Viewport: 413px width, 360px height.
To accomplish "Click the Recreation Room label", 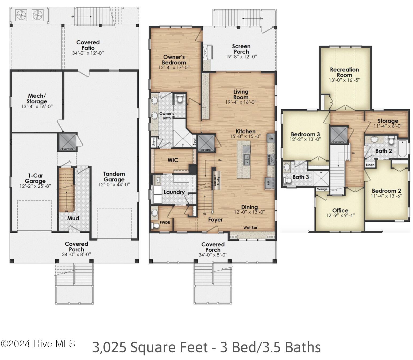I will (x=344, y=72).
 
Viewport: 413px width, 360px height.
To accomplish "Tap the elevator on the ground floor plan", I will (x=67, y=142).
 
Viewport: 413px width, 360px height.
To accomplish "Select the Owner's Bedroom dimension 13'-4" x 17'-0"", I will (x=174, y=67).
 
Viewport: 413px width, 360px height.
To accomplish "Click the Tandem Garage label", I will (x=114, y=177).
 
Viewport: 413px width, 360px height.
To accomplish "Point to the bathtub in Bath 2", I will (x=402, y=149).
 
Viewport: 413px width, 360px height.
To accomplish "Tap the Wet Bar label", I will (x=250, y=228).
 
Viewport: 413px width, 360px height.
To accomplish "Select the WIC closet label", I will (x=173, y=160).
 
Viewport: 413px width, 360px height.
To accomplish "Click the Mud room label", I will (x=73, y=218).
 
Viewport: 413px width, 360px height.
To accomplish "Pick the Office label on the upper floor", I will (x=340, y=210).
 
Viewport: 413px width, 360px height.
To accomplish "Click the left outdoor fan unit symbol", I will (x=21, y=15).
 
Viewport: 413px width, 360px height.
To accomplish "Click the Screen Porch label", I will (x=241, y=49).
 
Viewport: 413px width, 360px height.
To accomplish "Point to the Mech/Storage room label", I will (x=37, y=98).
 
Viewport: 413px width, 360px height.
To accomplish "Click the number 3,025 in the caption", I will (x=109, y=347).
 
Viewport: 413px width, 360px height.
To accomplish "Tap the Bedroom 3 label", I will (x=305, y=134).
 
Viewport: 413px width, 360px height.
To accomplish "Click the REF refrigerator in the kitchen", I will (x=269, y=183).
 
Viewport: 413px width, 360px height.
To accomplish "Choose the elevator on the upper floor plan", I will (x=338, y=135).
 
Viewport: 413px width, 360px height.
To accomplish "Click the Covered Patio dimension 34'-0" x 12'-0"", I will (x=88, y=53).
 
